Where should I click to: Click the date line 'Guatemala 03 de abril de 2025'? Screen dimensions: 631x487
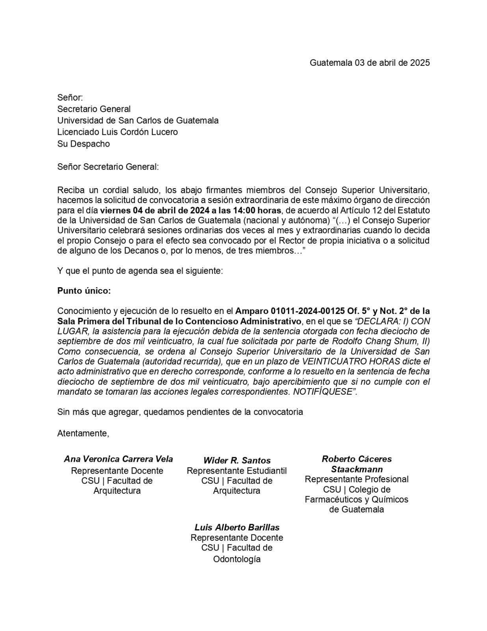(x=369, y=63)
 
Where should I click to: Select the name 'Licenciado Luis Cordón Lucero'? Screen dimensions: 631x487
(x=117, y=132)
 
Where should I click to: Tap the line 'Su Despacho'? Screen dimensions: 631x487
(x=84, y=144)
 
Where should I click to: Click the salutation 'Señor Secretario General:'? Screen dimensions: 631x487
(x=108, y=167)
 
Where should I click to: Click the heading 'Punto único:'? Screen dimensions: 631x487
(x=84, y=291)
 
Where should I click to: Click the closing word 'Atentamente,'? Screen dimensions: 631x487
(x=83, y=433)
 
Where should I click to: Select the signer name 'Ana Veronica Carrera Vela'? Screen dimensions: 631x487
(x=118, y=459)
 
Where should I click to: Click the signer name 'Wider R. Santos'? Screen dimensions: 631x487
(x=237, y=460)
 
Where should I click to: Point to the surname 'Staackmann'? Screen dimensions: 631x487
(x=357, y=469)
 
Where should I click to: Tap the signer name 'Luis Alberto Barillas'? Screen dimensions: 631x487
(x=237, y=527)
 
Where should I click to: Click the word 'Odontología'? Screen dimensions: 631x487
(x=237, y=559)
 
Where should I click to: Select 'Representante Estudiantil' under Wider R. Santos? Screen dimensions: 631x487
(x=237, y=470)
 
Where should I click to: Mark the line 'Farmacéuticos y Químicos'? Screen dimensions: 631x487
(x=357, y=499)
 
